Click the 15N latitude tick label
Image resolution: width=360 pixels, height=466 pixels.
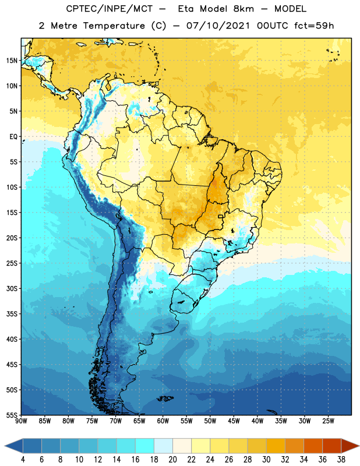12,61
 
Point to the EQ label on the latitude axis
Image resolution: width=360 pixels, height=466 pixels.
13,137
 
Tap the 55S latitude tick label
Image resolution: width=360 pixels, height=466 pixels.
12,415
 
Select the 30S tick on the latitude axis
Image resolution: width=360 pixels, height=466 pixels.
12,288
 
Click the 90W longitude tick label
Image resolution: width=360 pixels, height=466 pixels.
21,421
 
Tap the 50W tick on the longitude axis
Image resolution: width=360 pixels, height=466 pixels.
210,421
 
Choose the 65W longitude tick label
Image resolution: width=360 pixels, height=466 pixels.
139,421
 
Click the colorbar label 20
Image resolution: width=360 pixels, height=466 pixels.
172,460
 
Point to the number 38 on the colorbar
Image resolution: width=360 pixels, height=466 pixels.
341,460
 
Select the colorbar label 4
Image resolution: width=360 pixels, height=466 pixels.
23,460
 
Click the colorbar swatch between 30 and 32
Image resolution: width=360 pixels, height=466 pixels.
276,446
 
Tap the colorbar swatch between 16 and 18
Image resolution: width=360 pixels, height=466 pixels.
145,446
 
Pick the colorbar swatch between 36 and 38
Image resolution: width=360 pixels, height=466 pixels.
332,446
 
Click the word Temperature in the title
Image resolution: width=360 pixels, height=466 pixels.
114,26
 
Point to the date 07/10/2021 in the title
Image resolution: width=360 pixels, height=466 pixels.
218,26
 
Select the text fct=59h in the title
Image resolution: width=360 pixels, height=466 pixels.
314,26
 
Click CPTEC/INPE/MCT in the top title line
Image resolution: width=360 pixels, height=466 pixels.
110,9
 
